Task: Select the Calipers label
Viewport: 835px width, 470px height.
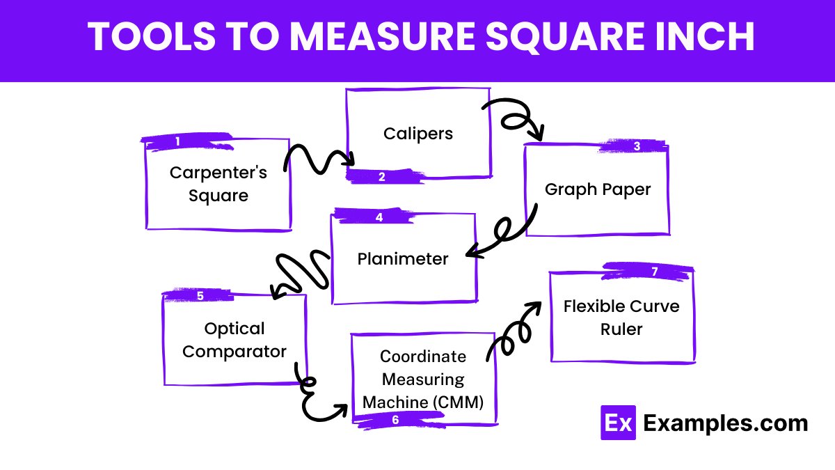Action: tap(418, 133)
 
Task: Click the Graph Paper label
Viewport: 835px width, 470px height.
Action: tap(598, 189)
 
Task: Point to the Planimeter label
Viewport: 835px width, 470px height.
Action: tap(403, 259)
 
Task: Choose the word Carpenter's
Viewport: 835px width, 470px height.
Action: tap(218, 172)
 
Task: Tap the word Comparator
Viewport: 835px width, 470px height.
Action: tap(234, 351)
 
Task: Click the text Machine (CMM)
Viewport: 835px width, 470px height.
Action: tap(423, 402)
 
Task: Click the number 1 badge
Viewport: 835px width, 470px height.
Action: tap(177, 141)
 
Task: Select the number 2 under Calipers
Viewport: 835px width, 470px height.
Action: tap(382, 177)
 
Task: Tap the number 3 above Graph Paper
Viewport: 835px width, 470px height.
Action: tap(637, 146)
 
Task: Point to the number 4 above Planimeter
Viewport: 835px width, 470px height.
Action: tap(379, 217)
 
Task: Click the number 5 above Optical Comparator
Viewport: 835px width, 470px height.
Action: tap(200, 296)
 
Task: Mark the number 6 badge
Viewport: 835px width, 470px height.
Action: tap(395, 420)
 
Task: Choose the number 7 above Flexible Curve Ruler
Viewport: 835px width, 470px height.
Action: tap(655, 272)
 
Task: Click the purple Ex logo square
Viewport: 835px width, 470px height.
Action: tap(618, 423)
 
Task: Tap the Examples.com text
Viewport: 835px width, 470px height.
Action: tap(726, 423)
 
